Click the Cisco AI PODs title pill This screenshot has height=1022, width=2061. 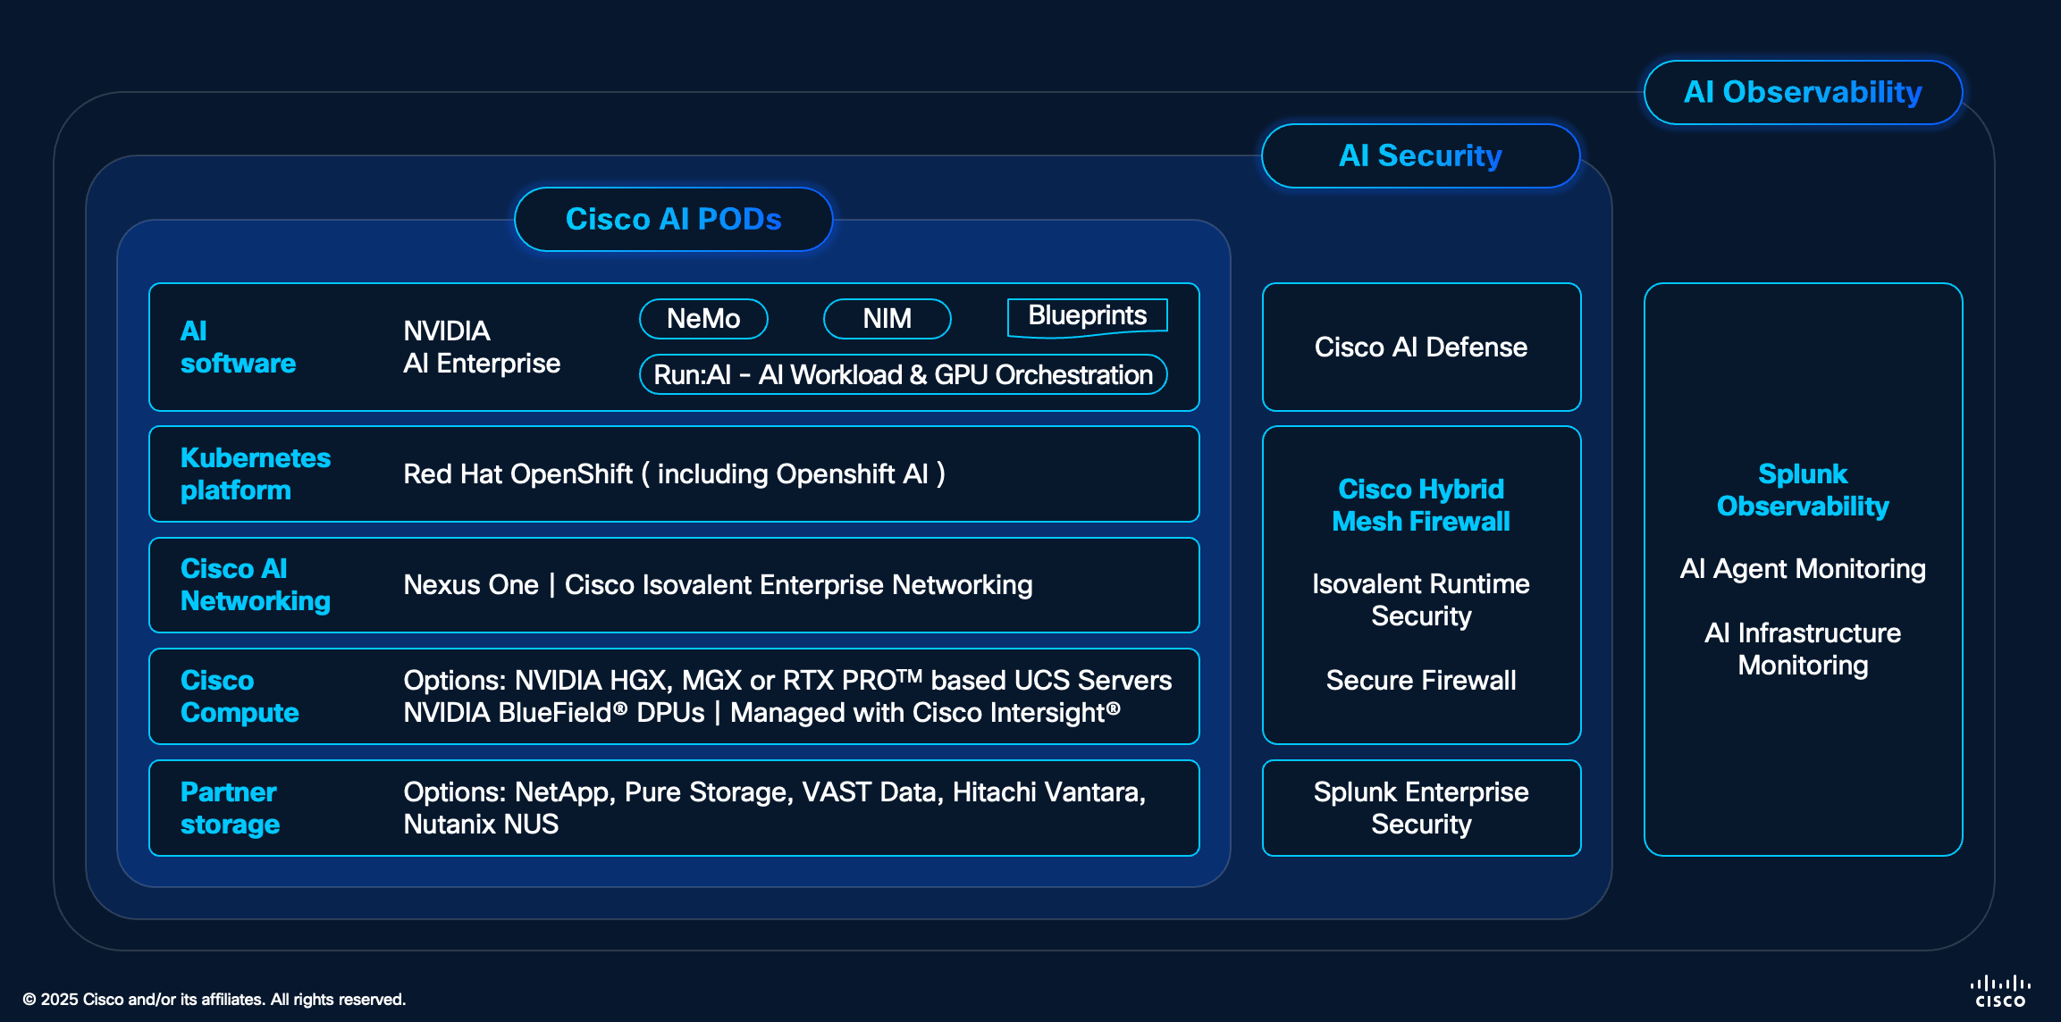[x=673, y=219]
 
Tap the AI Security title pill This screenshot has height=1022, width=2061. [x=1420, y=155]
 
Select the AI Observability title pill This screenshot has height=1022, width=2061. [x=1803, y=92]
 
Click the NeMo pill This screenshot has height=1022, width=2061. [x=703, y=319]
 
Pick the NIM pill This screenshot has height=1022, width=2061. [x=887, y=319]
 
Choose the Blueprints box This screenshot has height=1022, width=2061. [x=1087, y=317]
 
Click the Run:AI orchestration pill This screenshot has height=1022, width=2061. [x=904, y=374]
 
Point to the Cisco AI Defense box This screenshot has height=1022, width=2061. [x=1421, y=347]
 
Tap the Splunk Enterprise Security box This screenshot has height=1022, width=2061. [x=1421, y=808]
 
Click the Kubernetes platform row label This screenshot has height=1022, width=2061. [x=256, y=473]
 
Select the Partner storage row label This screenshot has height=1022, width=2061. [x=230, y=808]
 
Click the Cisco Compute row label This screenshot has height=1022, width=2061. [x=240, y=696]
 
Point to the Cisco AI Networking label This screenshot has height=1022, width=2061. [x=256, y=584]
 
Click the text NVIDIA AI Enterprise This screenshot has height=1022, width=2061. [x=482, y=347]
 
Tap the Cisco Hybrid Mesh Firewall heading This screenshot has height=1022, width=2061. [x=1421, y=505]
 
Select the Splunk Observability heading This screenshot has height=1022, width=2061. [x=1803, y=490]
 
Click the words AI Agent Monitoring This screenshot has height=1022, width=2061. [x=1803, y=568]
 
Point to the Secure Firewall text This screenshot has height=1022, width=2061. [x=1421, y=680]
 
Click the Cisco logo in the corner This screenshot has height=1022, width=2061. [x=2000, y=992]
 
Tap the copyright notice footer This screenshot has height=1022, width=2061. [x=215, y=999]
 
